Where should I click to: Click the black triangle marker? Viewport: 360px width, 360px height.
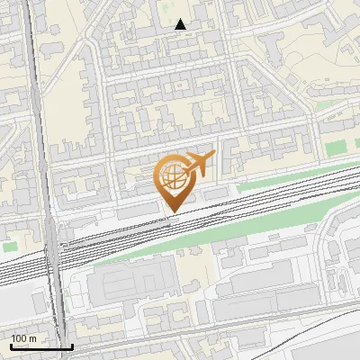181,24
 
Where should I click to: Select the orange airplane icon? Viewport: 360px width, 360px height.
199,163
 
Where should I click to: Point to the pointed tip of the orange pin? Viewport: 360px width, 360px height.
175,211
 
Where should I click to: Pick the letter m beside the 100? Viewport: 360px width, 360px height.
32,338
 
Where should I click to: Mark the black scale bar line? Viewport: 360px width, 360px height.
41,346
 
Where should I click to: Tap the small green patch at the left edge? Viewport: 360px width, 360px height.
9,245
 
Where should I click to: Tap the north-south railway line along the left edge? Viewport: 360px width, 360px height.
36,108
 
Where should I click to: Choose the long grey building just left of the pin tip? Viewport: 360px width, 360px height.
135,209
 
